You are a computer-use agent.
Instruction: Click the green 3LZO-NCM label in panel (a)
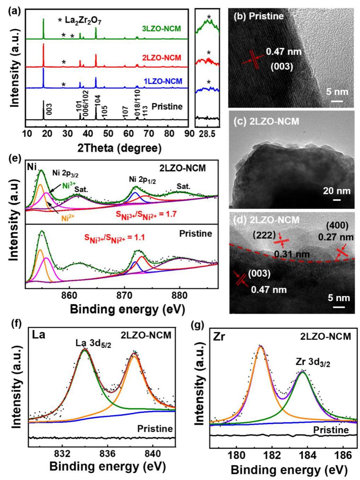coord(162,29)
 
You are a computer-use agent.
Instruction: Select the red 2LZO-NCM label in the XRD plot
coord(162,57)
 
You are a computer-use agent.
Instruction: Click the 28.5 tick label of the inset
coord(207,134)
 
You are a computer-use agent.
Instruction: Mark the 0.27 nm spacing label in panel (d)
coord(336,237)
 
